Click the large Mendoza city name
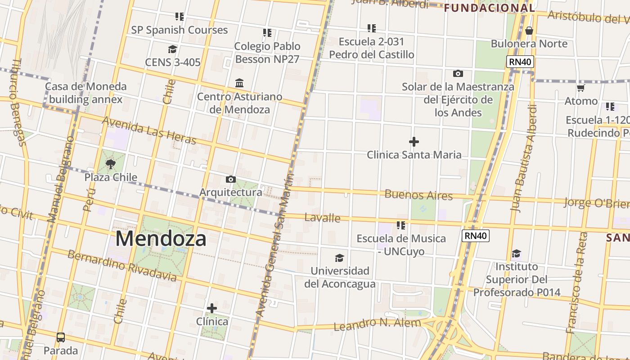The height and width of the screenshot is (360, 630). point(161,238)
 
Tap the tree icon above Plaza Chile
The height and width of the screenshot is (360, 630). point(111,164)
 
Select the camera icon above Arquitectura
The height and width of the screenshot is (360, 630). point(230,180)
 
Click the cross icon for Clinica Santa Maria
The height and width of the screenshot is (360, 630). point(414,142)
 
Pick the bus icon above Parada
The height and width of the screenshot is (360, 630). point(61,337)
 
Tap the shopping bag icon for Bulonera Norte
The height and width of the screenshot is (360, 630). point(529,31)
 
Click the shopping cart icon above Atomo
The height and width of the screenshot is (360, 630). point(580,88)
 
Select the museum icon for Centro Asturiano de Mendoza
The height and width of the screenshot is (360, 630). point(239,83)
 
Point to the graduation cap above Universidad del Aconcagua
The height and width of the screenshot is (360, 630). point(340,258)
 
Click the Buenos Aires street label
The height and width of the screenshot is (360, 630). point(418,195)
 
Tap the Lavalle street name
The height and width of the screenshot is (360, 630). point(322,218)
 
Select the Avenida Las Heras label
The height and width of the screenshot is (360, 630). point(149,131)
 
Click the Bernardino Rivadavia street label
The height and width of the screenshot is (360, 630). point(122,265)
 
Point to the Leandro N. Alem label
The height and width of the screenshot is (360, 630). point(377,324)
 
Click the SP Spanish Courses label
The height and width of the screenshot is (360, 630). point(180,30)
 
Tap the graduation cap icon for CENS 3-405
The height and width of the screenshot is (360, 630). point(172,49)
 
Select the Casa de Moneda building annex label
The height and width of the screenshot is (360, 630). point(85,93)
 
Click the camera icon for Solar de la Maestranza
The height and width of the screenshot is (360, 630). point(458,73)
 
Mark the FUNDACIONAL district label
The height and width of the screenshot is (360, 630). point(489,8)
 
